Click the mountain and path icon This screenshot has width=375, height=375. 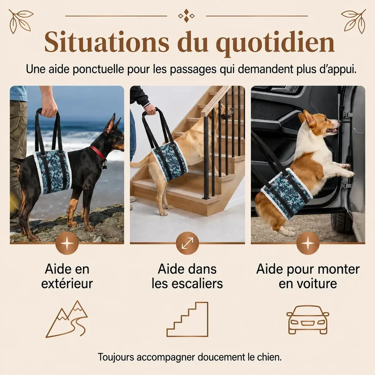pos(67,319)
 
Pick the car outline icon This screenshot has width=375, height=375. pos(308,320)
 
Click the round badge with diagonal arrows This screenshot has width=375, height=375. pos(187,243)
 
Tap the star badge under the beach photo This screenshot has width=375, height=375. pos(67,243)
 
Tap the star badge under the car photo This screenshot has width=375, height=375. pos(308,243)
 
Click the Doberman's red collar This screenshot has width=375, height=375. pos(98,153)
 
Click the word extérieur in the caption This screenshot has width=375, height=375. pos(67,284)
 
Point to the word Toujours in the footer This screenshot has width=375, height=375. pos(116,357)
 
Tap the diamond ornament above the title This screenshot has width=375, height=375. pos(187,16)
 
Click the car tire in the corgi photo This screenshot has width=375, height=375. pos(340,222)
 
